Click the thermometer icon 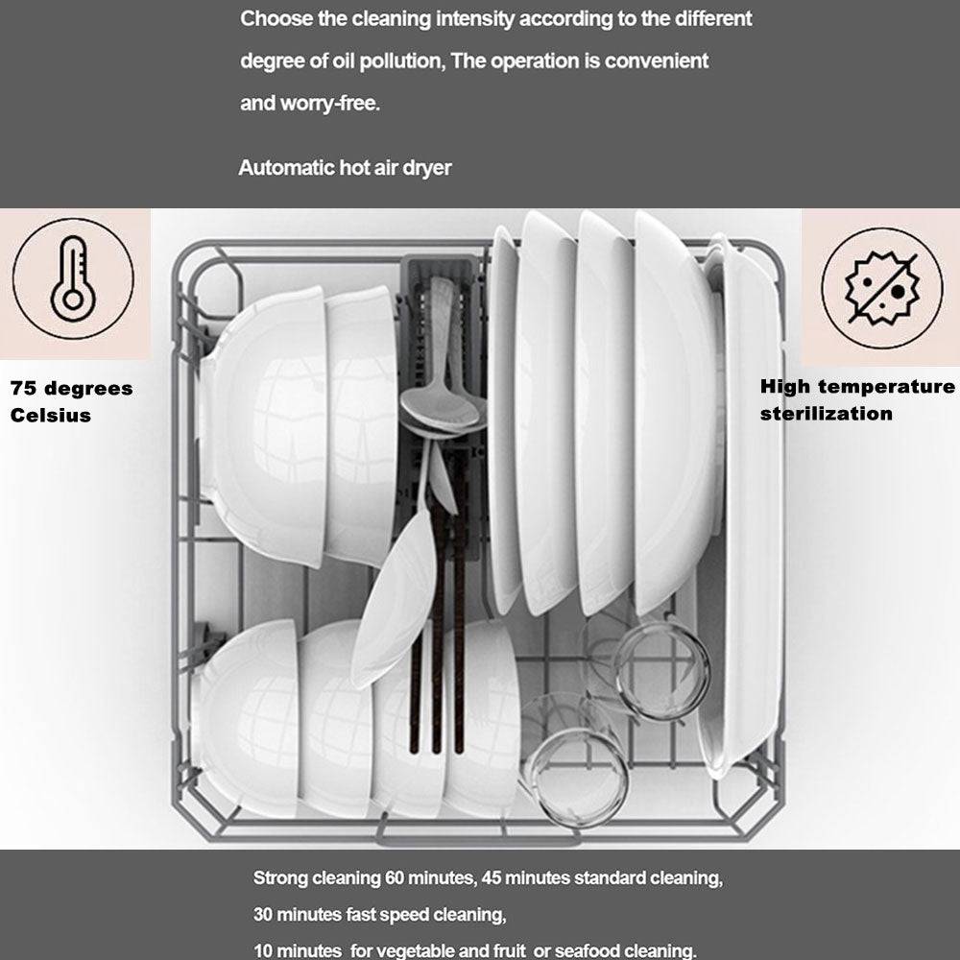[73, 278]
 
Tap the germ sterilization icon [881, 288]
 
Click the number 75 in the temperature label [23, 388]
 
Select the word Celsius [51, 415]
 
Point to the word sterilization [826, 413]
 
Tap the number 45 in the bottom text [491, 878]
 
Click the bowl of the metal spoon [440, 406]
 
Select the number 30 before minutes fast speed [263, 915]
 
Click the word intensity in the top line [475, 19]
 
